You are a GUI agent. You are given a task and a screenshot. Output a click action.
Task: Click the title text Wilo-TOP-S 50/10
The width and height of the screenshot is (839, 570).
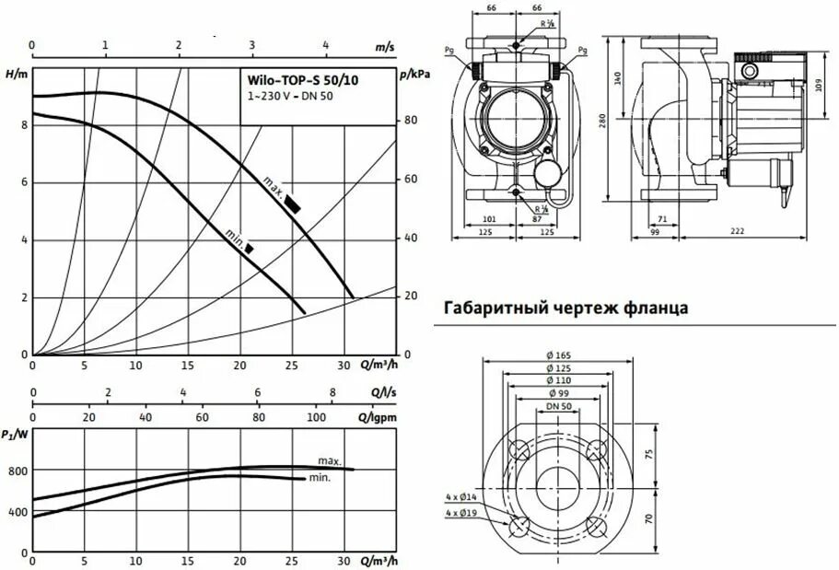(301, 80)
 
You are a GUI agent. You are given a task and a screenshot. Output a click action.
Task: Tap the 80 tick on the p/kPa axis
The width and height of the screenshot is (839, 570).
(410, 121)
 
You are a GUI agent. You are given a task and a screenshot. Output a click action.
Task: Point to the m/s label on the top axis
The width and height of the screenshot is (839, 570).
(384, 44)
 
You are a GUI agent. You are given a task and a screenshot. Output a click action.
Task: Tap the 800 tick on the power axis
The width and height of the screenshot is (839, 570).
(18, 471)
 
